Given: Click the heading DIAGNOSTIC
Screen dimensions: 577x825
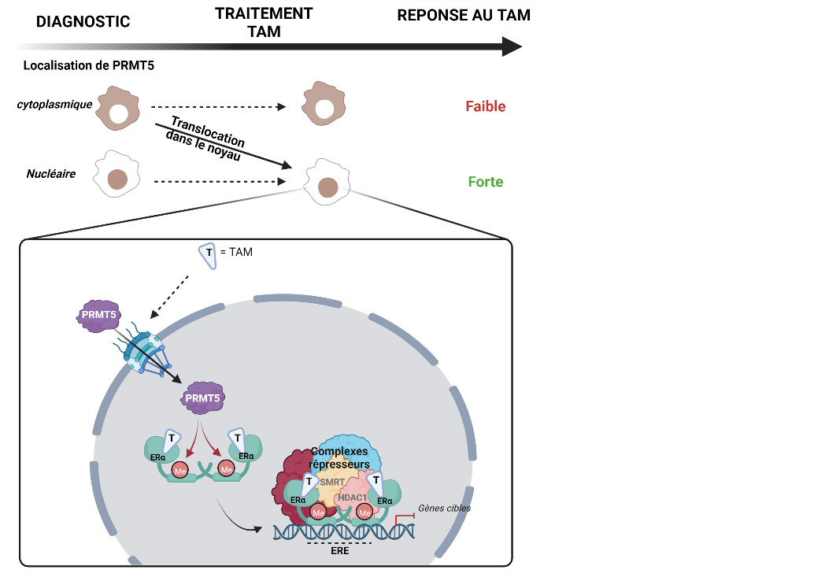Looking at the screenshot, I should tap(83, 22).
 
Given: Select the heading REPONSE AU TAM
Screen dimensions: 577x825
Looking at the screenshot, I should tap(464, 16).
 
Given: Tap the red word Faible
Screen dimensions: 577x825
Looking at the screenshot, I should tap(485, 106).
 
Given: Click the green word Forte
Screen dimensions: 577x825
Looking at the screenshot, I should tap(486, 182).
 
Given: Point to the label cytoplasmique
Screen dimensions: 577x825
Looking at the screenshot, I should tap(54, 104).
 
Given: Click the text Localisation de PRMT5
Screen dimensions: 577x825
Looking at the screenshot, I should tap(88, 65).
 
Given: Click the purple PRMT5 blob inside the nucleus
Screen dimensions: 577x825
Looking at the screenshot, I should tap(203, 398).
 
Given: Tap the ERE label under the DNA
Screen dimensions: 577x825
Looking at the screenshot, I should tap(339, 551).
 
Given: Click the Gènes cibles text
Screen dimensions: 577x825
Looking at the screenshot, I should tap(445, 508).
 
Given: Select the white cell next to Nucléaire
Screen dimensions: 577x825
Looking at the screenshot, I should tap(116, 175).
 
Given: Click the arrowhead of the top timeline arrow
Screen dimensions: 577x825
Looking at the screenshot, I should tap(512, 47).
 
